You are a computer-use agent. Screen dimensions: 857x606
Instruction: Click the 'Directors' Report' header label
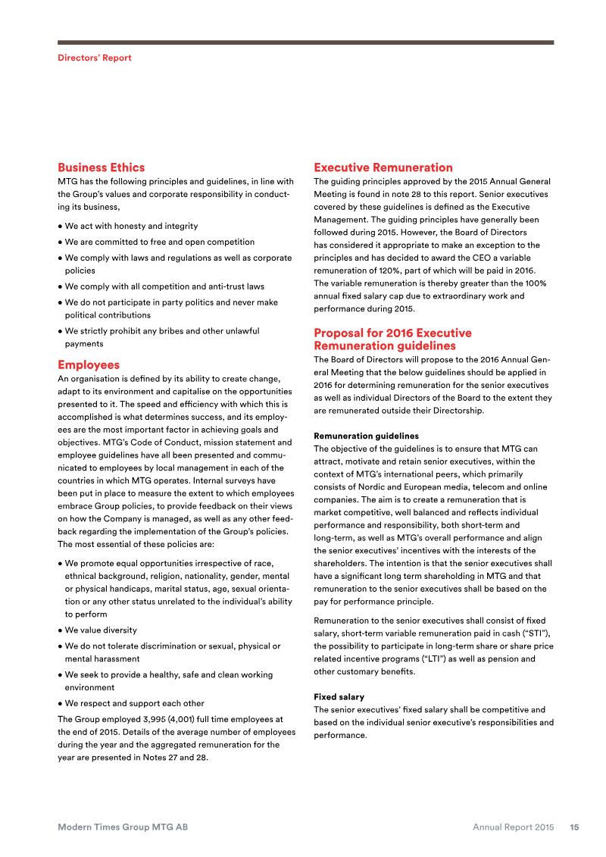point(95,58)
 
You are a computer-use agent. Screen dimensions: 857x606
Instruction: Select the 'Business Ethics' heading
point(101,167)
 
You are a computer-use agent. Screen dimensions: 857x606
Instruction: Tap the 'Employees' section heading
point(89,364)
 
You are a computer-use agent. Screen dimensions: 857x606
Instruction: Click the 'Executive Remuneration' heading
point(383,167)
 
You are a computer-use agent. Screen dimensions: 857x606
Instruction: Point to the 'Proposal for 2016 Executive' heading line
point(392,333)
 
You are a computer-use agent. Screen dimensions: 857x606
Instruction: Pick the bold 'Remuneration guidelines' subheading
point(366,436)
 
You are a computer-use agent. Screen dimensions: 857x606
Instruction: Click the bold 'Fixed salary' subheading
point(339,696)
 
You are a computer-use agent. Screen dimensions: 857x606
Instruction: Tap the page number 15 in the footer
point(574,827)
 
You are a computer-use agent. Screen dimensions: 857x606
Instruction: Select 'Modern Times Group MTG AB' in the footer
point(123,827)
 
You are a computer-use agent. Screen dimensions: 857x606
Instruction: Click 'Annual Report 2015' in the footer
point(513,827)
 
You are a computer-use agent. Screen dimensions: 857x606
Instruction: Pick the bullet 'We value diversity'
point(101,630)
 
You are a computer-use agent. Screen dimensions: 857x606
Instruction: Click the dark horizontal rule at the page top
point(305,42)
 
